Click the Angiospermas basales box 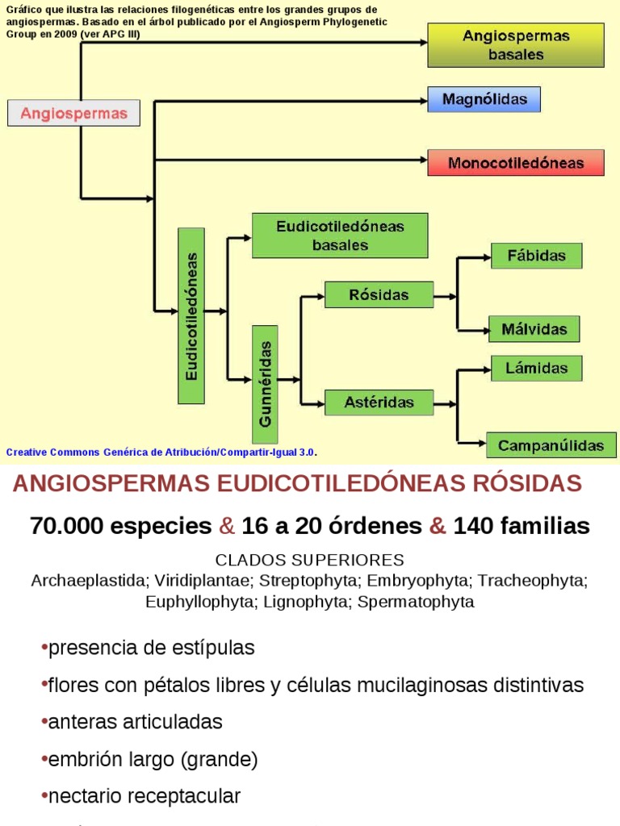pos(516,45)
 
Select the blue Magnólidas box pos(484,99)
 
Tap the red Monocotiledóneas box pos(516,163)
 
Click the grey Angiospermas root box pos(73,113)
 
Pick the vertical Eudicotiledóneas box pos(191,316)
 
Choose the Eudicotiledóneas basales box pos(340,236)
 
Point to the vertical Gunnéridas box pos(265,384)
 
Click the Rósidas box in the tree pos(379,294)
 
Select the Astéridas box pos(379,403)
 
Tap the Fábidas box pos(537,256)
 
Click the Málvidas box pos(534,329)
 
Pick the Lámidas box pos(537,368)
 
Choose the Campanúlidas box pos(551,445)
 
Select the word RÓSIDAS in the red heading pos(527,483)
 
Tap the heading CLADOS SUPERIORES pos(310,560)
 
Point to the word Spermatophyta pos(416,602)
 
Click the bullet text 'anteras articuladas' pos(136,722)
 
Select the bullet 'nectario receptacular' pos(145,796)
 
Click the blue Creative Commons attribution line pos(161,452)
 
